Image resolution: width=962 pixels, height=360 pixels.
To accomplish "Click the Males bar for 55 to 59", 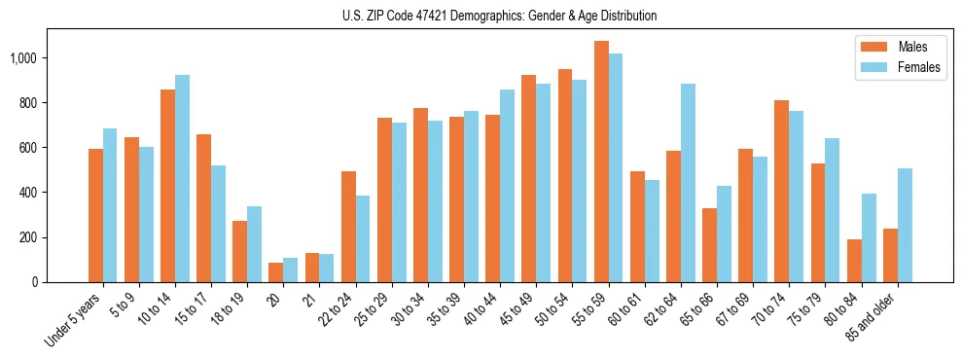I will point(601,162).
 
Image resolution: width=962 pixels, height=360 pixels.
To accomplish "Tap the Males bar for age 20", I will point(275,272).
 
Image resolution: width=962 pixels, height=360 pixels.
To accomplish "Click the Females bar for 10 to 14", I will point(182,179).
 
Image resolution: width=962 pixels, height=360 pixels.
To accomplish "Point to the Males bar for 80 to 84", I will point(854,261).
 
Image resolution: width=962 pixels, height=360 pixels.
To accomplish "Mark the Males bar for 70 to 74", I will point(781,192).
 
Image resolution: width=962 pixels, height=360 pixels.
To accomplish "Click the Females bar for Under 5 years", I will point(110,205).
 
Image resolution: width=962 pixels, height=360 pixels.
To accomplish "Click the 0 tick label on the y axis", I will point(34,282).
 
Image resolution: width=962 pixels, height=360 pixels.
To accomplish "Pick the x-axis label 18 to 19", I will point(230,308).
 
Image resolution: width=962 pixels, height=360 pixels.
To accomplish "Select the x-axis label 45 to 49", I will point(517,308).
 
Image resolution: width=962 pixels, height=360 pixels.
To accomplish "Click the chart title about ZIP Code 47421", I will point(499,16).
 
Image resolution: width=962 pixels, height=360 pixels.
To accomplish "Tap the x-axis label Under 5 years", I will point(76,318).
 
